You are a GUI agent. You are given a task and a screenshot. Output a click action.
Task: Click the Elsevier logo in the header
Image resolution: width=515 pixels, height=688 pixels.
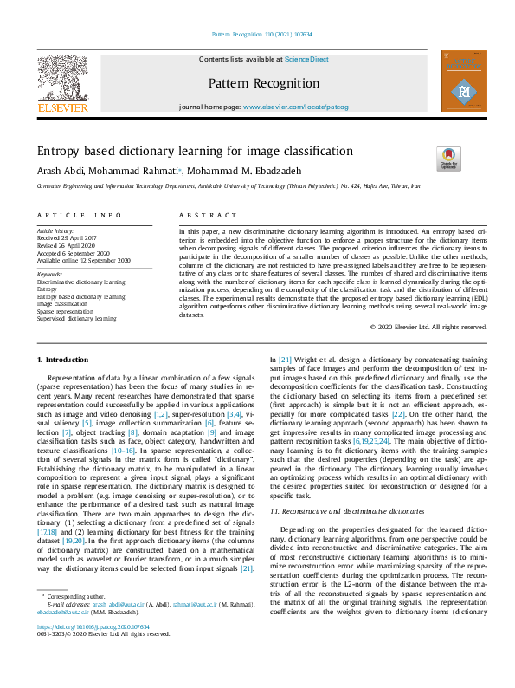point(61,84)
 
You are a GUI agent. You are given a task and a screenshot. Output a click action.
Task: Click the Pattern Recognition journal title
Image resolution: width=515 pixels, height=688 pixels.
point(263,84)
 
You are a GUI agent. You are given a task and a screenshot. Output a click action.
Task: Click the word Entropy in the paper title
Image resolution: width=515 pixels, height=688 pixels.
point(59,151)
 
